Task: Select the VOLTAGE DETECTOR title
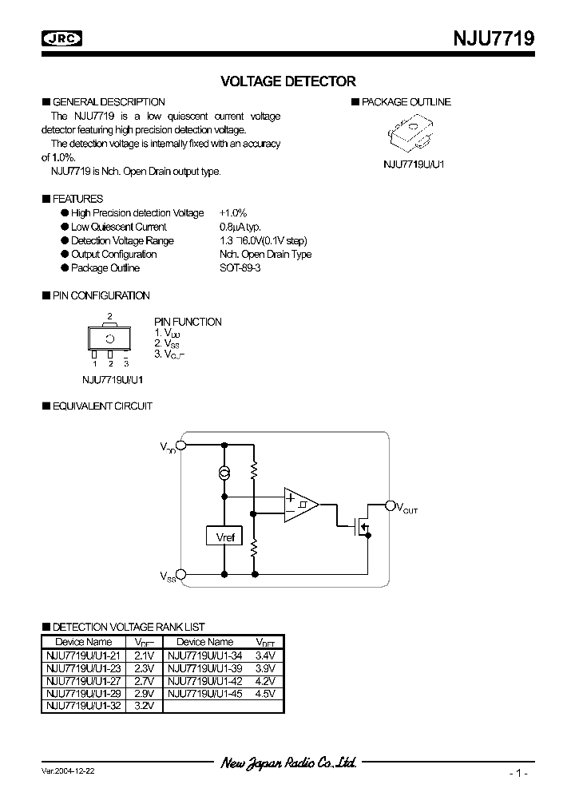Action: pos(287,81)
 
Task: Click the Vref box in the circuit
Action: pos(224,537)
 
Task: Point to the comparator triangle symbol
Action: pos(299,504)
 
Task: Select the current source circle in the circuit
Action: pos(225,475)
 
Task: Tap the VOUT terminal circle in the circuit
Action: pos(391,505)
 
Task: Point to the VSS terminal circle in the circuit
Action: pos(181,574)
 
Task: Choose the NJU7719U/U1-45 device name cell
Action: pos(204,694)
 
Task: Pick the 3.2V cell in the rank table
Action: pos(144,707)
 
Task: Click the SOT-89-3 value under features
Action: pos(240,268)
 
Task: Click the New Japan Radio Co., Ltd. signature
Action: pos(288,762)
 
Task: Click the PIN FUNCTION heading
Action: pos(188,322)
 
